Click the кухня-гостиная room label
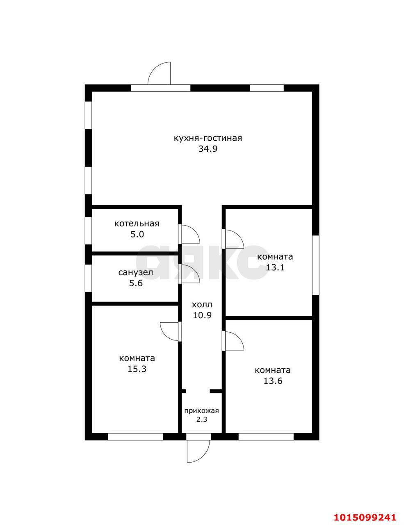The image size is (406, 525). pyautogui.click(x=208, y=139)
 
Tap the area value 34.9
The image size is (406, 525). pyautogui.click(x=208, y=149)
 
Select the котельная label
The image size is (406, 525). pyautogui.click(x=137, y=224)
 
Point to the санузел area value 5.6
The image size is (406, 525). pyautogui.click(x=136, y=283)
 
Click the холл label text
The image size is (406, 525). pyautogui.click(x=202, y=305)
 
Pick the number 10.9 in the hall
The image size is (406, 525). pyautogui.click(x=202, y=315)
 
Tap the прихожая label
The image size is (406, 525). pyautogui.click(x=202, y=411)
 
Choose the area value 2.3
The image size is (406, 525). pyautogui.click(x=202, y=420)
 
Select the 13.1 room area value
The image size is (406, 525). pyautogui.click(x=275, y=267)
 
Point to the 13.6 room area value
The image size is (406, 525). pyautogui.click(x=273, y=381)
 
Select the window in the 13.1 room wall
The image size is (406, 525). pyautogui.click(x=316, y=265)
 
